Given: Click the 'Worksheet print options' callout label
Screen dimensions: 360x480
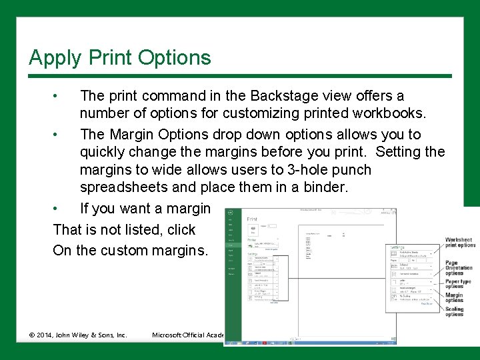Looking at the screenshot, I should [x=460, y=243].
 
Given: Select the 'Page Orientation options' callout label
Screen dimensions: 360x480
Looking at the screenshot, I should [x=459, y=268].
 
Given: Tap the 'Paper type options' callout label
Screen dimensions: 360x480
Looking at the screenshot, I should [x=459, y=284].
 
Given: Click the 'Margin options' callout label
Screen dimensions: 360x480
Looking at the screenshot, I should [x=454, y=298].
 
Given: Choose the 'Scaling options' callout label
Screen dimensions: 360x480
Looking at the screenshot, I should [x=455, y=312].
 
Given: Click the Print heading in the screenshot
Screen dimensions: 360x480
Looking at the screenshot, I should [x=252, y=219].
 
